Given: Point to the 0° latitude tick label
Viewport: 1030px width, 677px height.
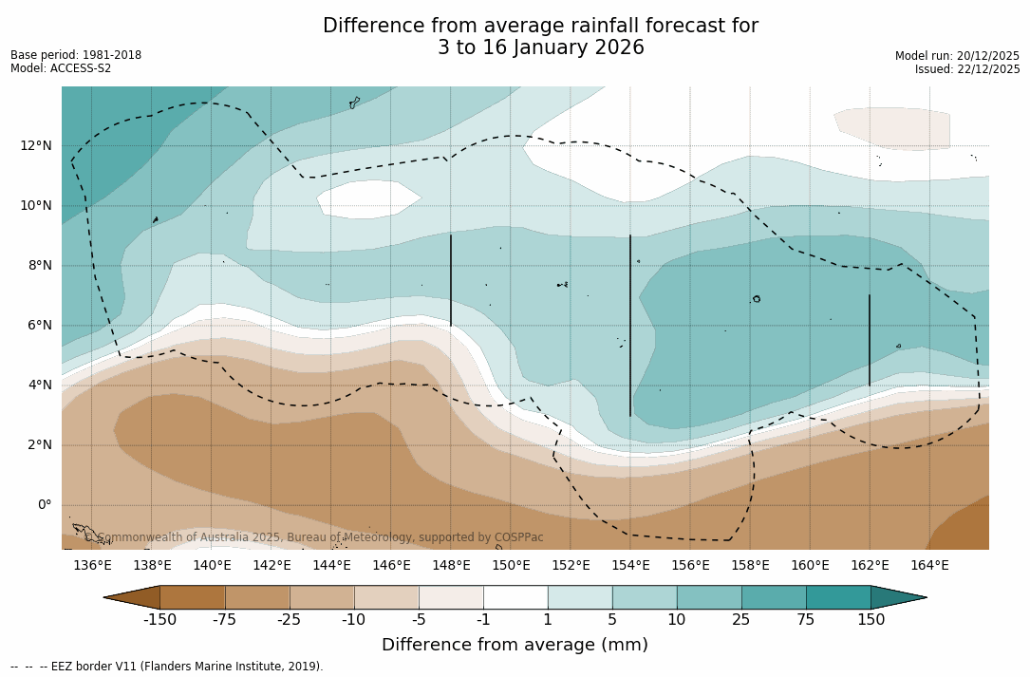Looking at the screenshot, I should [44, 505].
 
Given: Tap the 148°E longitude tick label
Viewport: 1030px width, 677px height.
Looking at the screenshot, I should [451, 565].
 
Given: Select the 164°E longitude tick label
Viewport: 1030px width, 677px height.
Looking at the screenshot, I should [929, 565].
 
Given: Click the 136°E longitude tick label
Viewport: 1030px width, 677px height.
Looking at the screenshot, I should [92, 565].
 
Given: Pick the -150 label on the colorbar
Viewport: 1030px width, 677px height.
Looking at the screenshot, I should [159, 620].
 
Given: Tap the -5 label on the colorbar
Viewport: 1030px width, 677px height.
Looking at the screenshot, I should [419, 620].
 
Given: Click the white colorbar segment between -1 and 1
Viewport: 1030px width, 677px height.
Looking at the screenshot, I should [515, 597].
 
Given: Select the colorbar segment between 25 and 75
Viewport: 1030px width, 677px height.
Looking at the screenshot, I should [774, 597].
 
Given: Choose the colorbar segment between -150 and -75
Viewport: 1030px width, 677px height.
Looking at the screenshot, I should [193, 597].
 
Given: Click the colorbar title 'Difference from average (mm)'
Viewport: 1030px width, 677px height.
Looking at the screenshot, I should [515, 645].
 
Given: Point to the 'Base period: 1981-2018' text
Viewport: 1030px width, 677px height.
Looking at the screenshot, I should [76, 55].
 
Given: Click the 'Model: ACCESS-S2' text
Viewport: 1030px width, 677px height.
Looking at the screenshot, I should [61, 68].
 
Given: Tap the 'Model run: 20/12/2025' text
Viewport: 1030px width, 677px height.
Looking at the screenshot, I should [957, 56].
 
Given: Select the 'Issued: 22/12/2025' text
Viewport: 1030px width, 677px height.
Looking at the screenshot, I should [967, 69].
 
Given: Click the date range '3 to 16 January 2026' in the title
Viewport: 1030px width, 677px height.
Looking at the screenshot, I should [540, 47].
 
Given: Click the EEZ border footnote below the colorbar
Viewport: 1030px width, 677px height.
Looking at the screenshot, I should [166, 667].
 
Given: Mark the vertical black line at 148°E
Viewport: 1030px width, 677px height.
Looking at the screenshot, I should [451, 281].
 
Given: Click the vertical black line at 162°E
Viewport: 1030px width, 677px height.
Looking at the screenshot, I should [870, 340].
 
